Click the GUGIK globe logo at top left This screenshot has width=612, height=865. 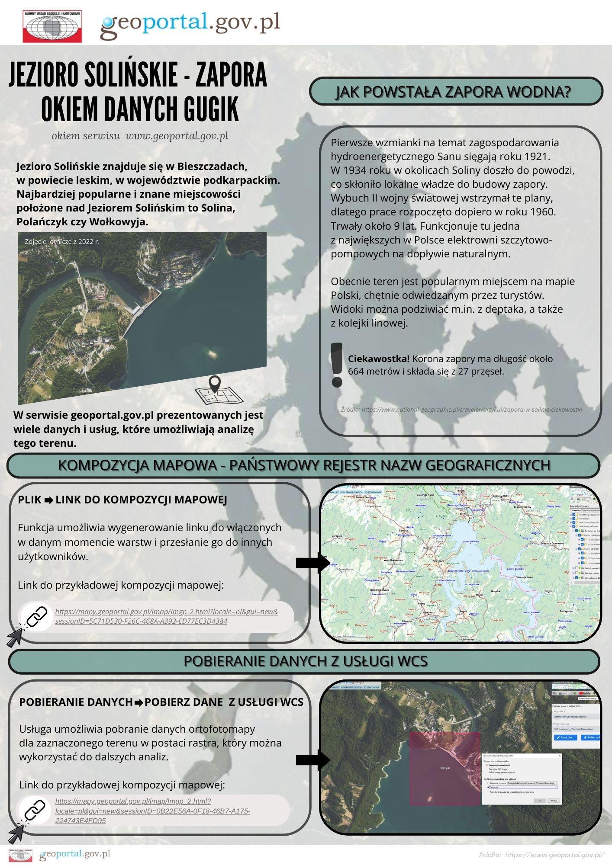pyautogui.click(x=52, y=26)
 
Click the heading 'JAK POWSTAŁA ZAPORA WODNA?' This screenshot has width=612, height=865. pyautogui.click(x=456, y=92)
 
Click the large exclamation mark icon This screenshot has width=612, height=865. pyautogui.click(x=336, y=364)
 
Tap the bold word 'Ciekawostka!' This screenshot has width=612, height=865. pyautogui.click(x=379, y=359)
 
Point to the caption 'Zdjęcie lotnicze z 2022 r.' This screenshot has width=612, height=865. pyautogui.click(x=62, y=241)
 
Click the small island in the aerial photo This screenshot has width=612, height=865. pyautogui.click(x=212, y=353)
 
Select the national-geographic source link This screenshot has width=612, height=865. pyautogui.click(x=461, y=409)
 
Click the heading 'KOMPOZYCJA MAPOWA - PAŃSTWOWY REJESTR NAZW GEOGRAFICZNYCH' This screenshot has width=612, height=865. pyautogui.click(x=304, y=465)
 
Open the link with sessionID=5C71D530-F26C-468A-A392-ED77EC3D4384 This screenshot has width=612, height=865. pyautogui.click(x=167, y=616)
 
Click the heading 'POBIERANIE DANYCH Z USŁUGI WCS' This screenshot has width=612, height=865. pyautogui.click(x=306, y=661)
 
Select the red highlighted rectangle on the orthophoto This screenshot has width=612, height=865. pyautogui.click(x=445, y=768)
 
